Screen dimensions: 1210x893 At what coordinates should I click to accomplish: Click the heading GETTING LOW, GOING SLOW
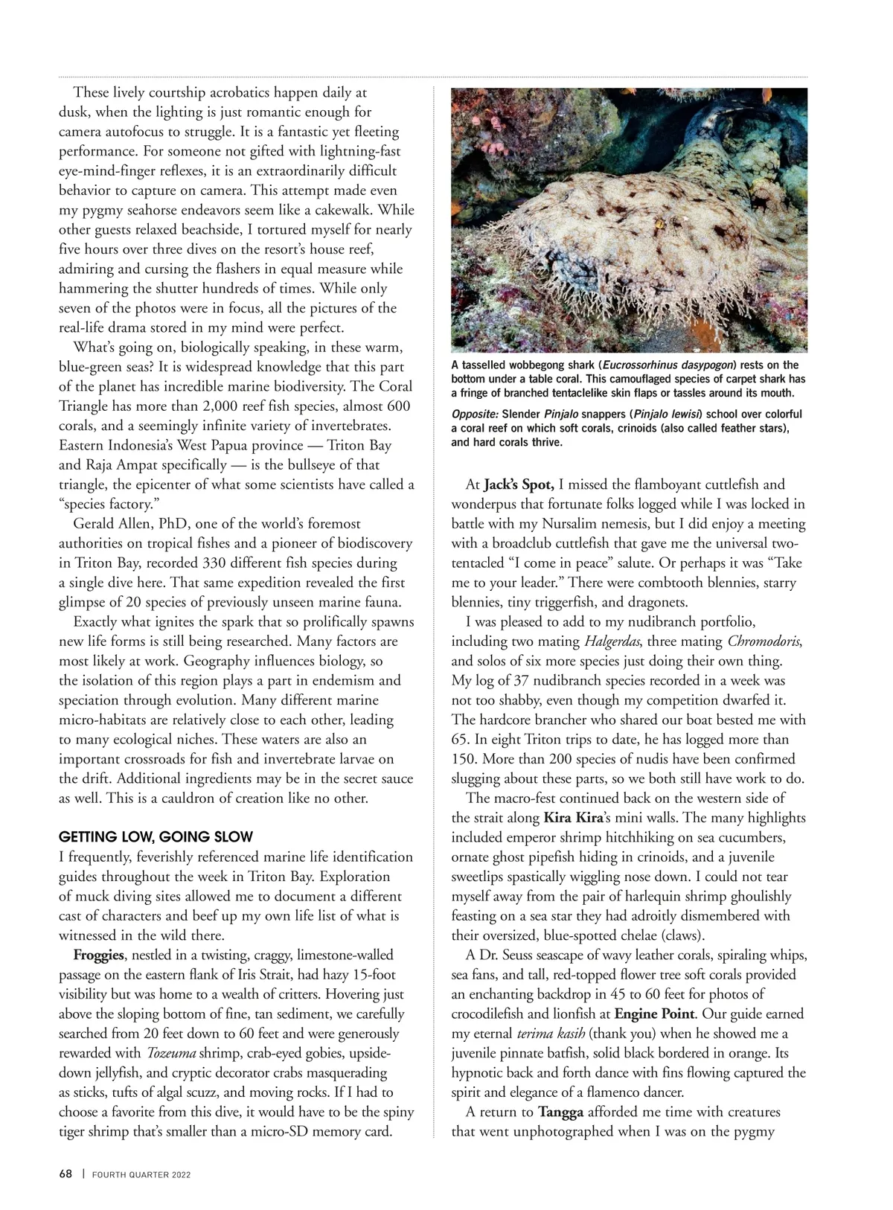pos(156,836)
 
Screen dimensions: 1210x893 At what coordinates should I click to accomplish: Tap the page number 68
pos(65,1174)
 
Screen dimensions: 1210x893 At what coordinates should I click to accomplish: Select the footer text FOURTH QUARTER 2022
pos(141,1175)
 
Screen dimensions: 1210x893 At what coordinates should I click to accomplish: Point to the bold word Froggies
pos(98,955)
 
